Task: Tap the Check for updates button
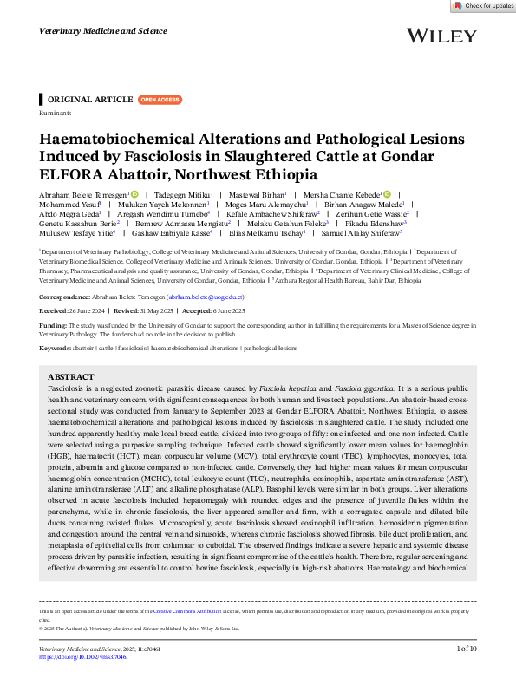click(x=483, y=6)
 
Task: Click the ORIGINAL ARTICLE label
click(x=90, y=100)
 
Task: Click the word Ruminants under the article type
click(x=55, y=114)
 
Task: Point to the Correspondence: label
click(x=71, y=296)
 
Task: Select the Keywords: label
click(x=56, y=348)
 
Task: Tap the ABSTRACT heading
click(x=70, y=377)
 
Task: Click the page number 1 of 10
click(x=467, y=649)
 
